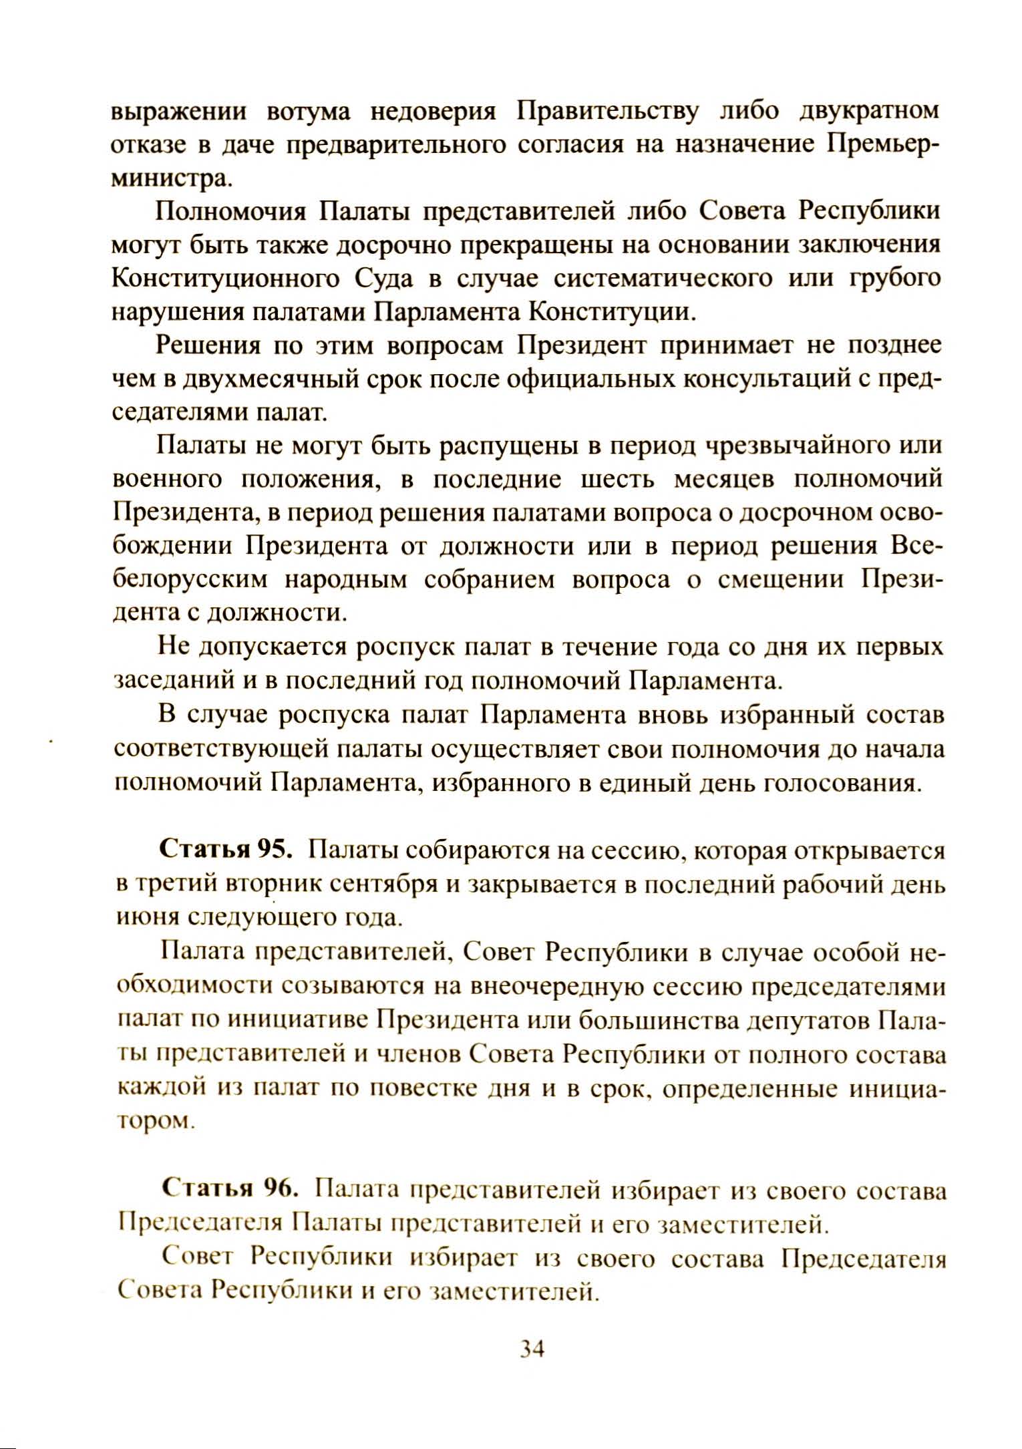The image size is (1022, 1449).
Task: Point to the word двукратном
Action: pos(869,111)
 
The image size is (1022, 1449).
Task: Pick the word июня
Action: pos(145,919)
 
